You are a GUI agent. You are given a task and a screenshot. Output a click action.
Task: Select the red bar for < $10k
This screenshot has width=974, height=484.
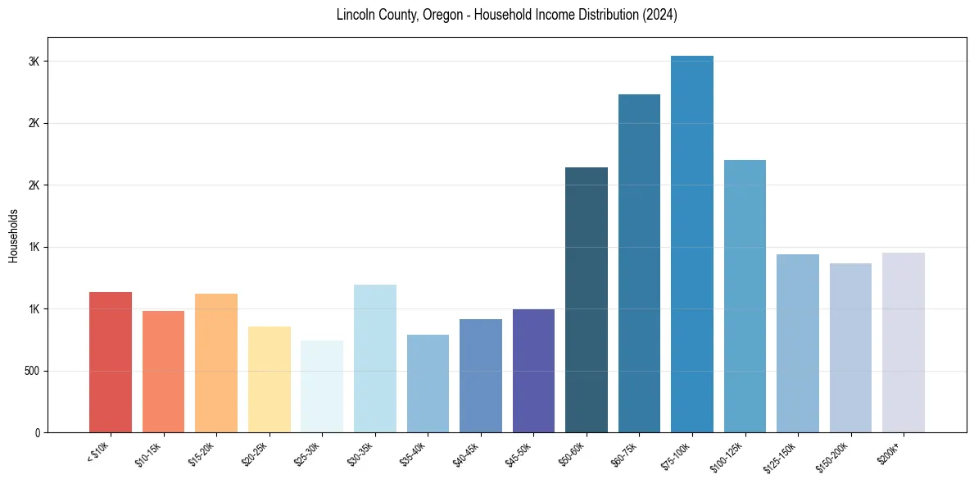pyautogui.click(x=111, y=362)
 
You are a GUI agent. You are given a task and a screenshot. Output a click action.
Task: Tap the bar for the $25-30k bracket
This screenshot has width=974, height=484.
pyautogui.click(x=322, y=386)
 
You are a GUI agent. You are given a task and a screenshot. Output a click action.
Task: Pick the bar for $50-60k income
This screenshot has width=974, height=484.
pyautogui.click(x=587, y=299)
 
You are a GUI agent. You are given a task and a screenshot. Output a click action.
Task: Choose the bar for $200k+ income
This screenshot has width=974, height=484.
pyautogui.click(x=904, y=342)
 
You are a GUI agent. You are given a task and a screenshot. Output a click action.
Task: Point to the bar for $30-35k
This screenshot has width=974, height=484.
pyautogui.click(x=374, y=358)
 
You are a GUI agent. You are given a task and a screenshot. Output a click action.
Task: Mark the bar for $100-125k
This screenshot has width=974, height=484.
pyautogui.click(x=745, y=296)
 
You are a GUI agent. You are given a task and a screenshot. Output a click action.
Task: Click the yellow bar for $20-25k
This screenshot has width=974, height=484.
pyautogui.click(x=270, y=379)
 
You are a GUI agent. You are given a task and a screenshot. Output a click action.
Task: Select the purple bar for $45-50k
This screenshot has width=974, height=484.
pyautogui.click(x=533, y=371)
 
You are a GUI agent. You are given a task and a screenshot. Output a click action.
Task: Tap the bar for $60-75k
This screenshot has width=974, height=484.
pyautogui.click(x=639, y=263)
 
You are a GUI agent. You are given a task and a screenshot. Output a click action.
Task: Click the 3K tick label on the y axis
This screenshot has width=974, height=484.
pyautogui.click(x=34, y=62)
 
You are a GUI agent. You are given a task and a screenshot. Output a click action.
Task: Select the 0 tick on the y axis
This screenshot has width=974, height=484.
pyautogui.click(x=38, y=432)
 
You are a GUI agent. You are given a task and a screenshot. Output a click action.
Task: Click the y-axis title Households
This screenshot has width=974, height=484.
pyautogui.click(x=13, y=235)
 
